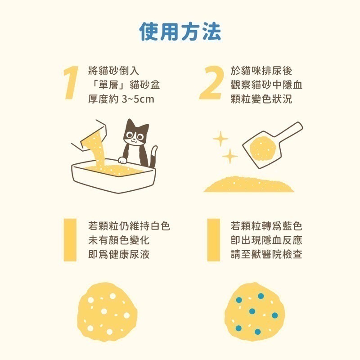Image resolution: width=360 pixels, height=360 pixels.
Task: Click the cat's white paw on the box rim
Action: (x=122, y=159)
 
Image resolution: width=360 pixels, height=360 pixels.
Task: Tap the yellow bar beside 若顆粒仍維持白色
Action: (x=69, y=240)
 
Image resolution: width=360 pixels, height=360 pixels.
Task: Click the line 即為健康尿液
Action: (x=119, y=254)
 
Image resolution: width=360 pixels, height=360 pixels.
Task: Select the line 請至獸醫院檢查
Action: (x=266, y=254)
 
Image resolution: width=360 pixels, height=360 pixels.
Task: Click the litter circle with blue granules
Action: (x=255, y=310)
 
